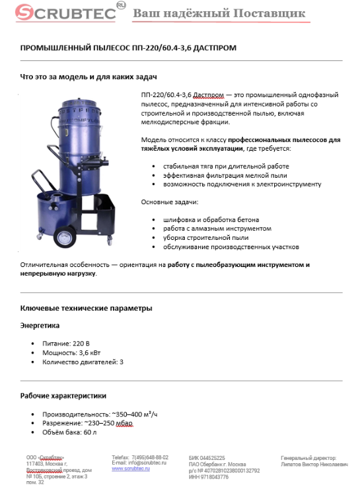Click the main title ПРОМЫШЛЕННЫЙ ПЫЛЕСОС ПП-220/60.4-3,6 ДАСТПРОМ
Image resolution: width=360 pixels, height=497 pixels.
128,48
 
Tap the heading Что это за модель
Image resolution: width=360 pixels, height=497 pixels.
81,77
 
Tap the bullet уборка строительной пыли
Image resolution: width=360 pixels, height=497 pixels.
201,237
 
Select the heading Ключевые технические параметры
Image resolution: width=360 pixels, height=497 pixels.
87,308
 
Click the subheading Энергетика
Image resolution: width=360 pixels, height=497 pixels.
40,325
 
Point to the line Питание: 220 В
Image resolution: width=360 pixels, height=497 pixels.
65,344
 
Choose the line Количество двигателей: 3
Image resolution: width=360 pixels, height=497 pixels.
83,362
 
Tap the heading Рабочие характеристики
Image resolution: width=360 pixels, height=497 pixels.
63,396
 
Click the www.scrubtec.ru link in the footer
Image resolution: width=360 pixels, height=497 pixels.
130,468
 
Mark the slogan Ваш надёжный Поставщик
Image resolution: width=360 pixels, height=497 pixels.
219,13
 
